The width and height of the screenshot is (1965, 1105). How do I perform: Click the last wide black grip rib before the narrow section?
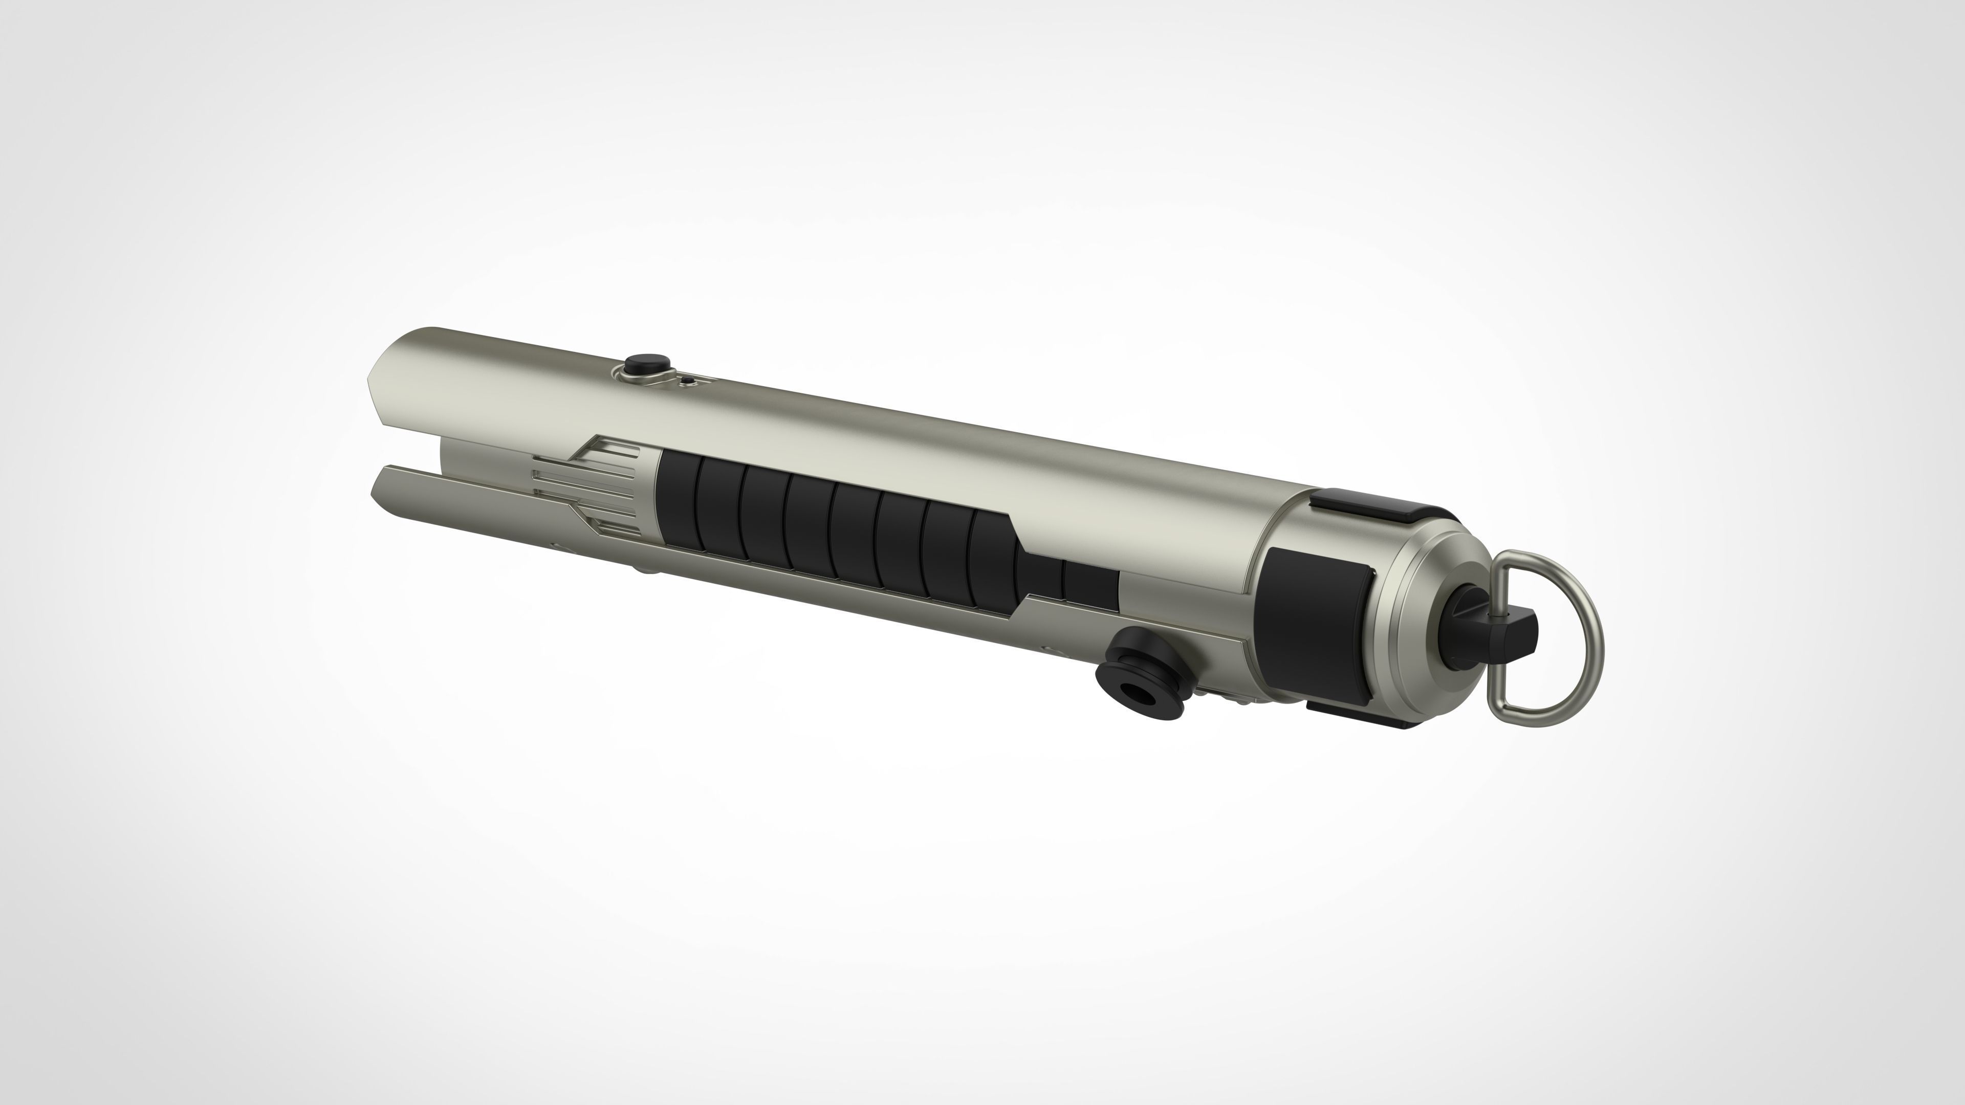tap(992, 561)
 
